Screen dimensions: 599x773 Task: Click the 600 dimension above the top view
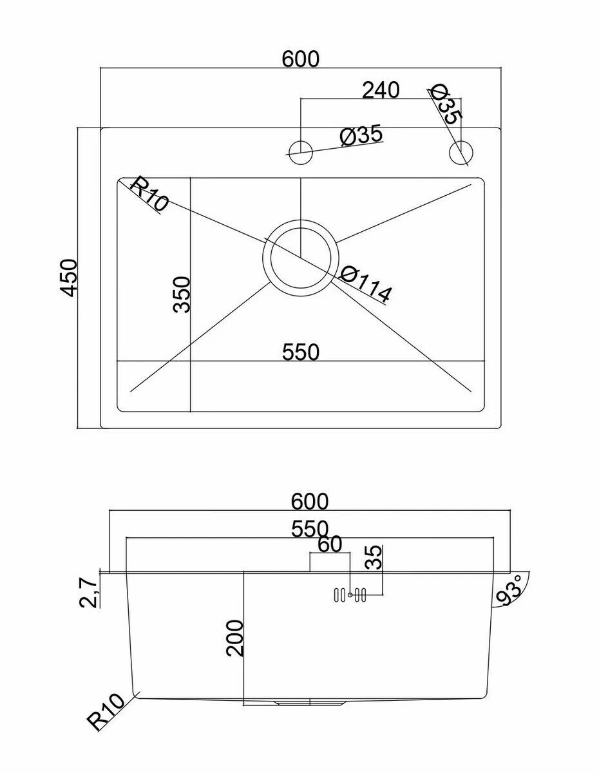301,59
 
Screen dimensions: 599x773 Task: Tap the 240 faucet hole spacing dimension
381,90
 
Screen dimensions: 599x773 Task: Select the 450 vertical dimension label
68,278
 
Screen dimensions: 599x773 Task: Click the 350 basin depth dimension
182,295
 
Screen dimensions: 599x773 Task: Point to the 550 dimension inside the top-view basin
301,352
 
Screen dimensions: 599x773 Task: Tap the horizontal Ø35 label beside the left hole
361,135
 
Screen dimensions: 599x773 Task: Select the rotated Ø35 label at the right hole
447,104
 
